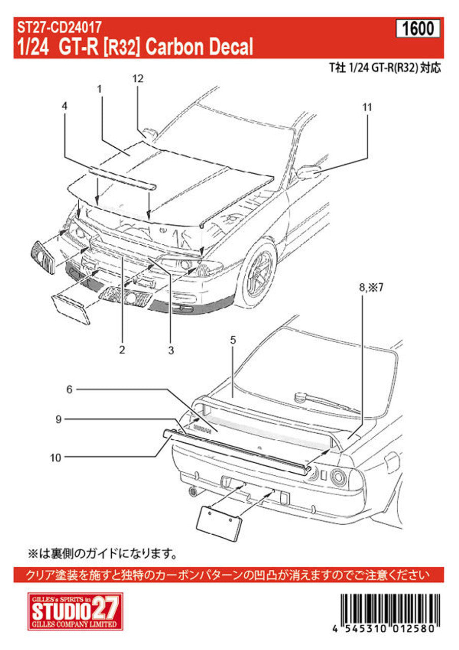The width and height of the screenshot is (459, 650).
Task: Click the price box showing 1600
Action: (x=418, y=29)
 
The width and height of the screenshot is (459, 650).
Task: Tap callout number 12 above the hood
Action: (x=138, y=79)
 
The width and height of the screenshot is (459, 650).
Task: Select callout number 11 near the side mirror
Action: (x=367, y=107)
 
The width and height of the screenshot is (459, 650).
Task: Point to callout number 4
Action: (x=64, y=106)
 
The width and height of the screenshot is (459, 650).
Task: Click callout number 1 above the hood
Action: (x=100, y=89)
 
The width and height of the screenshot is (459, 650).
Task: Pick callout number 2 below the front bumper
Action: (x=122, y=349)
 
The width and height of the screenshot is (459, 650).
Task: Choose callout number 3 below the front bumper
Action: (x=171, y=349)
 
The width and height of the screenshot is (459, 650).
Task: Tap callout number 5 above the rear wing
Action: (x=233, y=341)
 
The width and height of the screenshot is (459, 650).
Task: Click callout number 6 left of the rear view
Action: (x=70, y=389)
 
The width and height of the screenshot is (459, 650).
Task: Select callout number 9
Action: (x=59, y=419)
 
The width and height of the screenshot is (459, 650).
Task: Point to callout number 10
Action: (x=56, y=458)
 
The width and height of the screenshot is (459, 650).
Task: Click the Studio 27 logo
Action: (x=75, y=611)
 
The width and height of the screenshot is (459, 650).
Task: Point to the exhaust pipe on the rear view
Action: (x=192, y=491)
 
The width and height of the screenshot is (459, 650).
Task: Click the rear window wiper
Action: (x=325, y=400)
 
